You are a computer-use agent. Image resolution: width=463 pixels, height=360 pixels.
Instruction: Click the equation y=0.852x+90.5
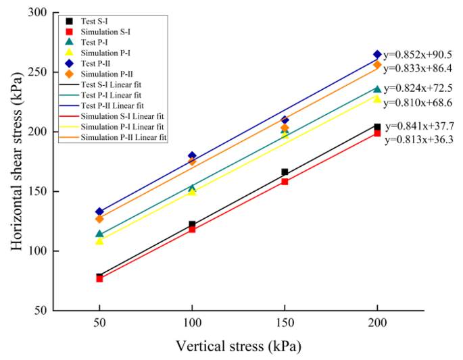[x=419, y=55]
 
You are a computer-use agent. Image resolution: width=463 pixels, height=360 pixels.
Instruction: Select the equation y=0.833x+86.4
[x=419, y=68]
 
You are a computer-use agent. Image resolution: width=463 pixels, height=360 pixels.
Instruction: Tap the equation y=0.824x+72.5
[x=419, y=88]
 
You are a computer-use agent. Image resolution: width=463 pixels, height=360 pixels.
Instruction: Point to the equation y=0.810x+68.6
[x=419, y=102]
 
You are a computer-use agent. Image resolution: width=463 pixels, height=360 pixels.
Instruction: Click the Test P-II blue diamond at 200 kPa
[x=377, y=55]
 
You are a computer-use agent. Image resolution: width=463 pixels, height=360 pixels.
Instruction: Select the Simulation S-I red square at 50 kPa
[x=99, y=278]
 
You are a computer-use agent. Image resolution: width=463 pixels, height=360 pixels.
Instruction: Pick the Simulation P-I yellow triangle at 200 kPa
[x=377, y=99]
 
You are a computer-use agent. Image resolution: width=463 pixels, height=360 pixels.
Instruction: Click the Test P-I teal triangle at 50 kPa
[x=99, y=234]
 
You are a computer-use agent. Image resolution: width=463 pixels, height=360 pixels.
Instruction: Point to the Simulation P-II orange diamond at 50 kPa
[x=99, y=219]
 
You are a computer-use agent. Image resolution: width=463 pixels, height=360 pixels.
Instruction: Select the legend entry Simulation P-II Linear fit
[x=115, y=137]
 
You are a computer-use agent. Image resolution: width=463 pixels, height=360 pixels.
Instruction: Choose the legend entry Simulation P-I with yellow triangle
[x=101, y=53]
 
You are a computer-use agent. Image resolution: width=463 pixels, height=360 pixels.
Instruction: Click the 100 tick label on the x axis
[x=192, y=324]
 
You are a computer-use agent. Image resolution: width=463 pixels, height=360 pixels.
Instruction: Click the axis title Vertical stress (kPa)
[x=238, y=346]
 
